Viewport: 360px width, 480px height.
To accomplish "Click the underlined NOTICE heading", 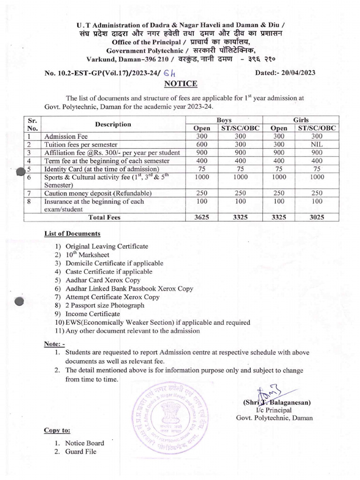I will (180, 84).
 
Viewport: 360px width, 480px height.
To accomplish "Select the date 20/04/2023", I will (297, 73).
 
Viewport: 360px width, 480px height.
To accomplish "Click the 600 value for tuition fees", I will (202, 144).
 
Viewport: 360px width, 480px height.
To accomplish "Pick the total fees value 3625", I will (202, 217).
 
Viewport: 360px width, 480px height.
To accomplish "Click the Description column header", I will (112, 124).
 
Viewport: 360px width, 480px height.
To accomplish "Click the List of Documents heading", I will (72, 233).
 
